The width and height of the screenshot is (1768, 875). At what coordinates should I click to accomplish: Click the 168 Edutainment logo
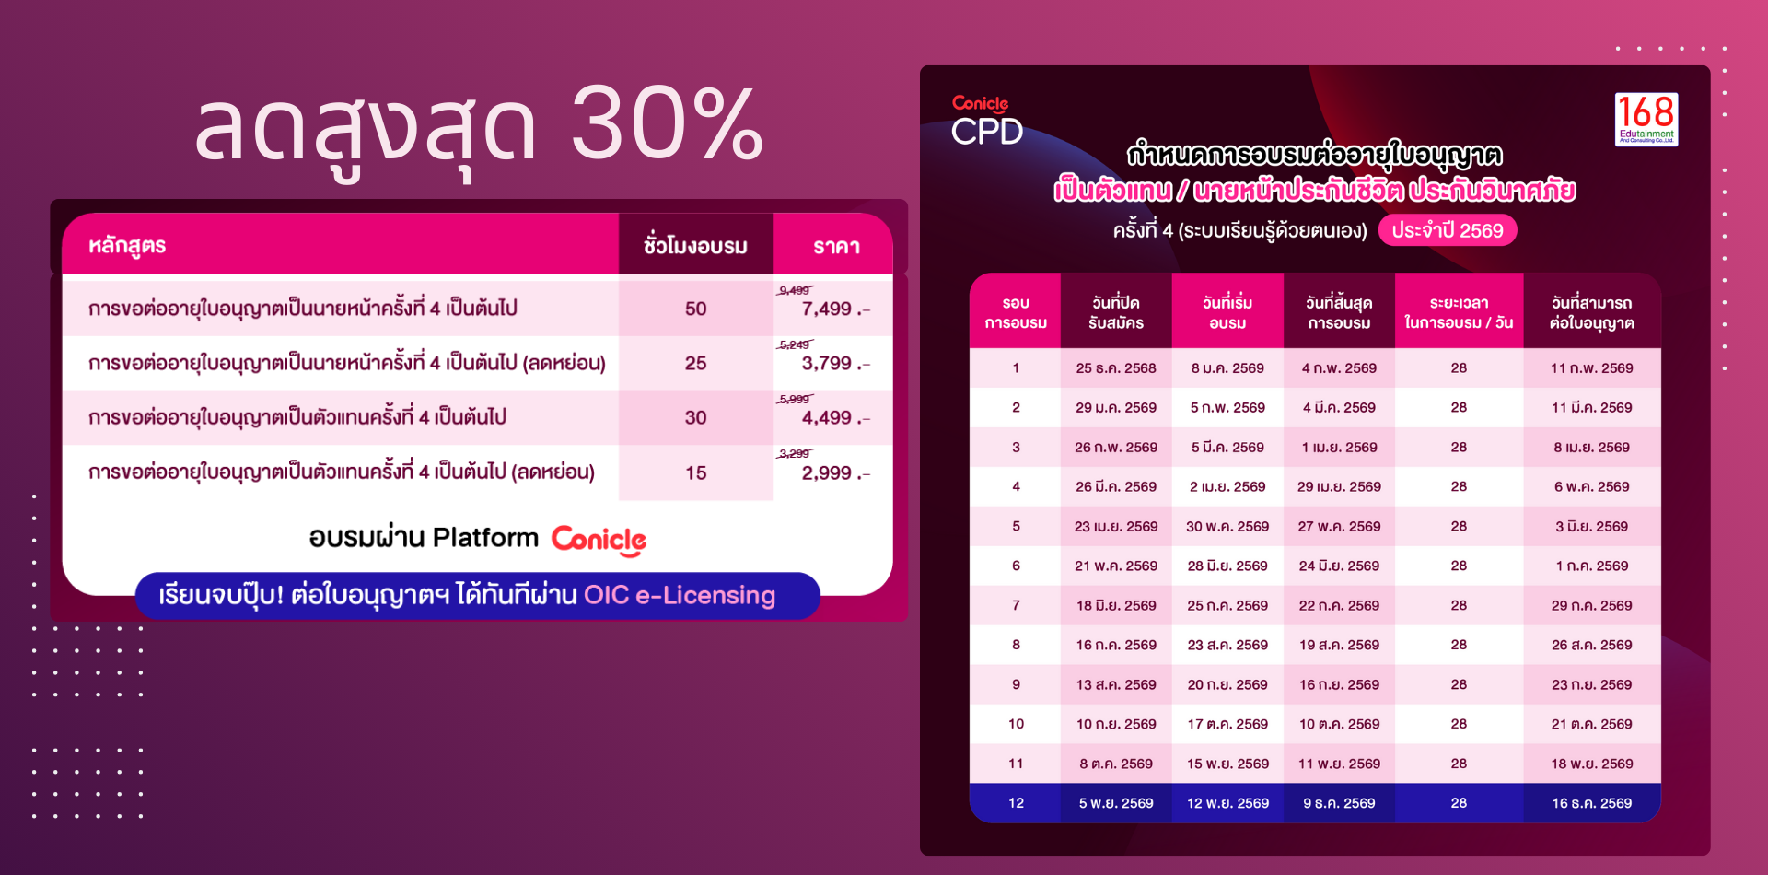pyautogui.click(x=1646, y=119)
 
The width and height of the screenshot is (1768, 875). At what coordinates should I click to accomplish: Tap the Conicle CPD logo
pyautogui.click(x=986, y=121)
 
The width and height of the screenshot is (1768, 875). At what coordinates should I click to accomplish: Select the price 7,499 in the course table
pyautogui.click(x=827, y=309)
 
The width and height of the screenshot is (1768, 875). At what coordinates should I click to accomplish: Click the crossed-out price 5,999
pyautogui.click(x=794, y=399)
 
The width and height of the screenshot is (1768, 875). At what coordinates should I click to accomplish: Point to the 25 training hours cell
pyautogui.click(x=695, y=363)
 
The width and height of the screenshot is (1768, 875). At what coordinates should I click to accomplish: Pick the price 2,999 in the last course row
pyautogui.click(x=827, y=472)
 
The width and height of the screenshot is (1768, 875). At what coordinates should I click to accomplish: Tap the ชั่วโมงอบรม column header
pyautogui.click(x=695, y=246)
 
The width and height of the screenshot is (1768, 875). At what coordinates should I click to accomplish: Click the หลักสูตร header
pyautogui.click(x=127, y=246)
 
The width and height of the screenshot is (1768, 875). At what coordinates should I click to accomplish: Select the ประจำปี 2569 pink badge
pyautogui.click(x=1447, y=230)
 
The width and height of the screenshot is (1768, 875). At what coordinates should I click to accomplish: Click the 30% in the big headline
pyautogui.click(x=668, y=122)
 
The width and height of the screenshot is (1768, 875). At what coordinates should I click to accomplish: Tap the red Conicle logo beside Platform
pyautogui.click(x=599, y=540)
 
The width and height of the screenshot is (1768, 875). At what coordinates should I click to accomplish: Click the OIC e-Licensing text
pyautogui.click(x=680, y=595)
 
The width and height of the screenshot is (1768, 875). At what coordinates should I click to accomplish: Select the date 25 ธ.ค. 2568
pyautogui.click(x=1116, y=367)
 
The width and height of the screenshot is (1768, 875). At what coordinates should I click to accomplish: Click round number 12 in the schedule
pyautogui.click(x=1016, y=803)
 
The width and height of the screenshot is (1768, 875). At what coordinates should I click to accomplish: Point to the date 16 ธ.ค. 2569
pyautogui.click(x=1591, y=803)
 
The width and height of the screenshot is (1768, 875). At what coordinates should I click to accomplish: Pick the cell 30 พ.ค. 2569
pyautogui.click(x=1227, y=526)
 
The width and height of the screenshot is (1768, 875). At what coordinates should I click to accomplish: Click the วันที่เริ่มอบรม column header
pyautogui.click(x=1227, y=312)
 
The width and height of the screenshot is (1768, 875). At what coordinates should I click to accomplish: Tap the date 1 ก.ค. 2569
pyautogui.click(x=1591, y=566)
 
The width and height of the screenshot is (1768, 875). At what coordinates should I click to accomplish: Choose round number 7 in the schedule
pyautogui.click(x=1016, y=605)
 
